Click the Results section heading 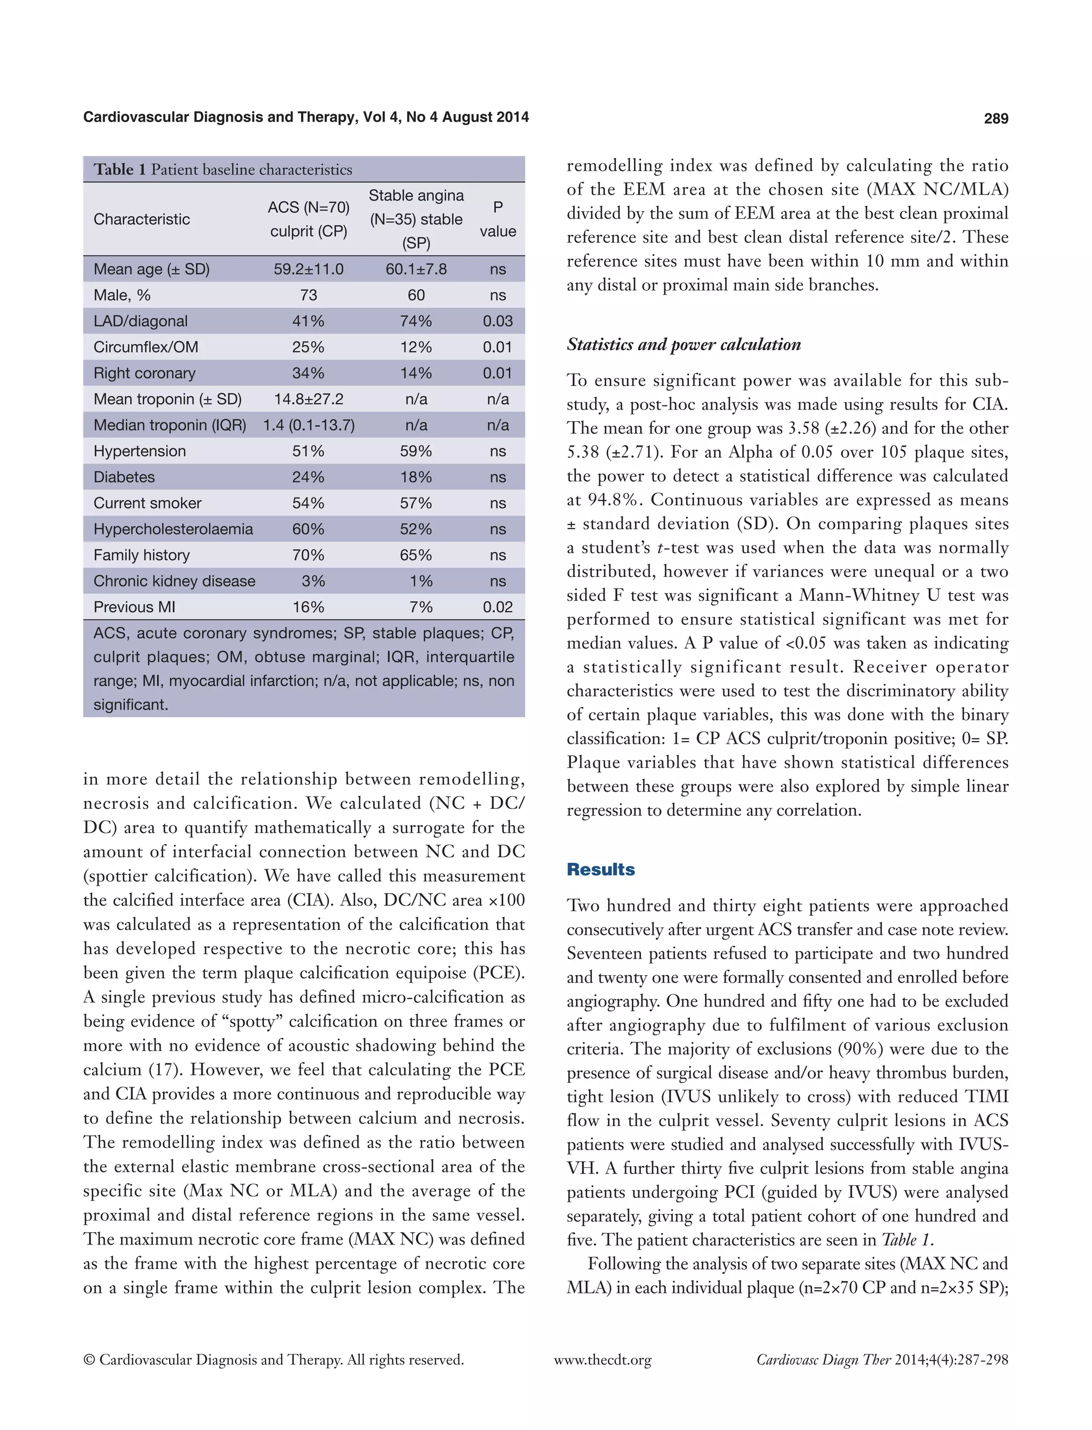tap(600, 870)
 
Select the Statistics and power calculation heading tap(683, 344)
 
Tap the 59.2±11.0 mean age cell tap(308, 269)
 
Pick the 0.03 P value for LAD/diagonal tap(497, 321)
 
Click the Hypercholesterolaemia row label tap(173, 529)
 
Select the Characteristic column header tap(142, 219)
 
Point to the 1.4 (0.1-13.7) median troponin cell tap(308, 425)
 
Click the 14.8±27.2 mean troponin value tap(308, 399)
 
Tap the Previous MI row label tap(134, 607)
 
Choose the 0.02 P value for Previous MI tap(497, 607)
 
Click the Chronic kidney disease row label tap(174, 581)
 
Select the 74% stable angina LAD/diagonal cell tap(416, 321)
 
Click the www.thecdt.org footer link tap(602, 1360)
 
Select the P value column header tap(497, 219)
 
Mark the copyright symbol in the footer tap(90, 1360)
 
